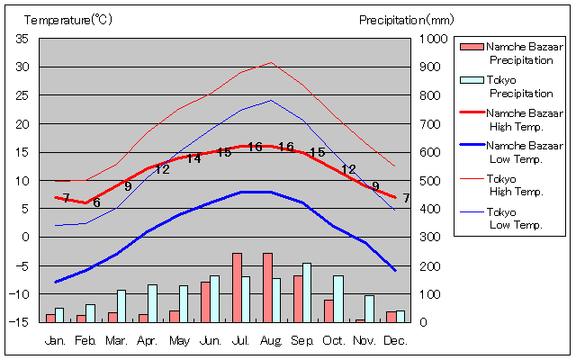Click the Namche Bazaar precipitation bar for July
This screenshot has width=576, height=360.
click(237, 287)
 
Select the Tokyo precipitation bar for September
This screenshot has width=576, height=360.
click(307, 292)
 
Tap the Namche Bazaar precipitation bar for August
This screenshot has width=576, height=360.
click(267, 287)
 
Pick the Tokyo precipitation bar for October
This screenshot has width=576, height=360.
click(338, 298)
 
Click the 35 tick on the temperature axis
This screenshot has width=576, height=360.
click(22, 39)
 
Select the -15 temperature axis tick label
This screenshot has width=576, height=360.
click(20, 322)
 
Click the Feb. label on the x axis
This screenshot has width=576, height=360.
click(85, 340)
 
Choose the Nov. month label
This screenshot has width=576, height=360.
click(364, 340)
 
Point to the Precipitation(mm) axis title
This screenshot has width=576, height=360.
click(407, 19)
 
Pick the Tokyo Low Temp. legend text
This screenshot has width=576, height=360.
click(514, 218)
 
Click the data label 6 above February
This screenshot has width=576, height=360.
click(95, 202)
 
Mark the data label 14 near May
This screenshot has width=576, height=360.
click(193, 158)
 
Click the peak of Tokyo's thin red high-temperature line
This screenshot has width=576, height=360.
click(271, 63)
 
